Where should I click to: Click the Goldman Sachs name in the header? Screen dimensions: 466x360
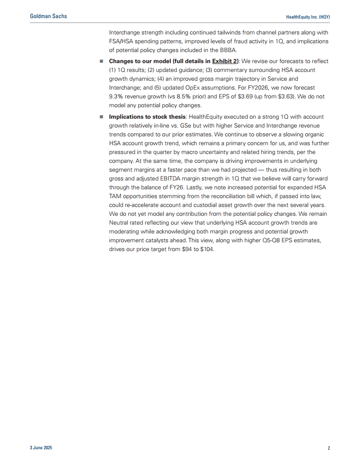49,16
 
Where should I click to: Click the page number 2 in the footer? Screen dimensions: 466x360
329,448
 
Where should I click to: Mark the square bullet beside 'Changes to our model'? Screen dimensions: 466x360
101,61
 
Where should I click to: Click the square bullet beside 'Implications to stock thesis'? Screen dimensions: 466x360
101,117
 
